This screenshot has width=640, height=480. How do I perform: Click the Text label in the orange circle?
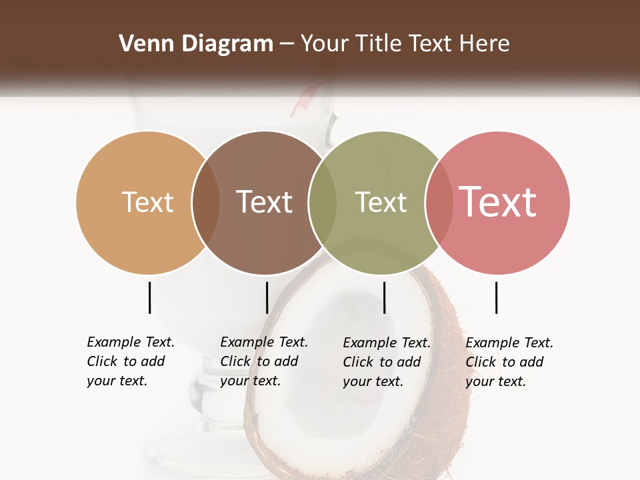147,202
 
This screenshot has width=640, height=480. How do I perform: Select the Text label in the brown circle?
264,202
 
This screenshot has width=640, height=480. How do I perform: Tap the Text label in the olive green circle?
381,202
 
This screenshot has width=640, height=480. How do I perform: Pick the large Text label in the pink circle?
498,202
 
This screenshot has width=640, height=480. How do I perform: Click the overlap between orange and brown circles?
206,202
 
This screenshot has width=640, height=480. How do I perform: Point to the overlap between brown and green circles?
323,202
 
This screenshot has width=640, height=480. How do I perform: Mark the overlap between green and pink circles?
439,202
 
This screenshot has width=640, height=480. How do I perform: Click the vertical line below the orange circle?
150,297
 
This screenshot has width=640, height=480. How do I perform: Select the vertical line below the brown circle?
267,297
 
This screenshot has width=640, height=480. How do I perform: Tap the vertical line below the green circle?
384,297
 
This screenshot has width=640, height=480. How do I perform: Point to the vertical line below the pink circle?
496,297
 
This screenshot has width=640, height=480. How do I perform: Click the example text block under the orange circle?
130,361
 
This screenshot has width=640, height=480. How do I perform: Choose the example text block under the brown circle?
263,361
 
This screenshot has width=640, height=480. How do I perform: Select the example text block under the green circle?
386,362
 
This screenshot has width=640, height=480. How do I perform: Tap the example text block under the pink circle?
509,362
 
